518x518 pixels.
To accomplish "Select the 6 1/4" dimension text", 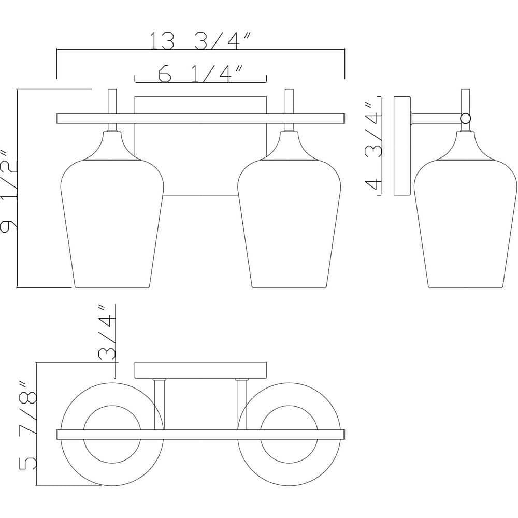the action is point(201,74).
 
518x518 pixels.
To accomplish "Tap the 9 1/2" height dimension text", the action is point(9,191).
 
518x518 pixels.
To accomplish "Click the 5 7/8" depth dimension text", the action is point(28,426).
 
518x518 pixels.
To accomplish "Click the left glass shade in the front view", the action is point(112,223).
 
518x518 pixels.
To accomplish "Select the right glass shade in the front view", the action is point(289,223).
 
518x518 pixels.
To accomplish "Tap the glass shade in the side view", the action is point(466,223).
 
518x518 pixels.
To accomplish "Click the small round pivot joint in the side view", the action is point(466,118).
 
